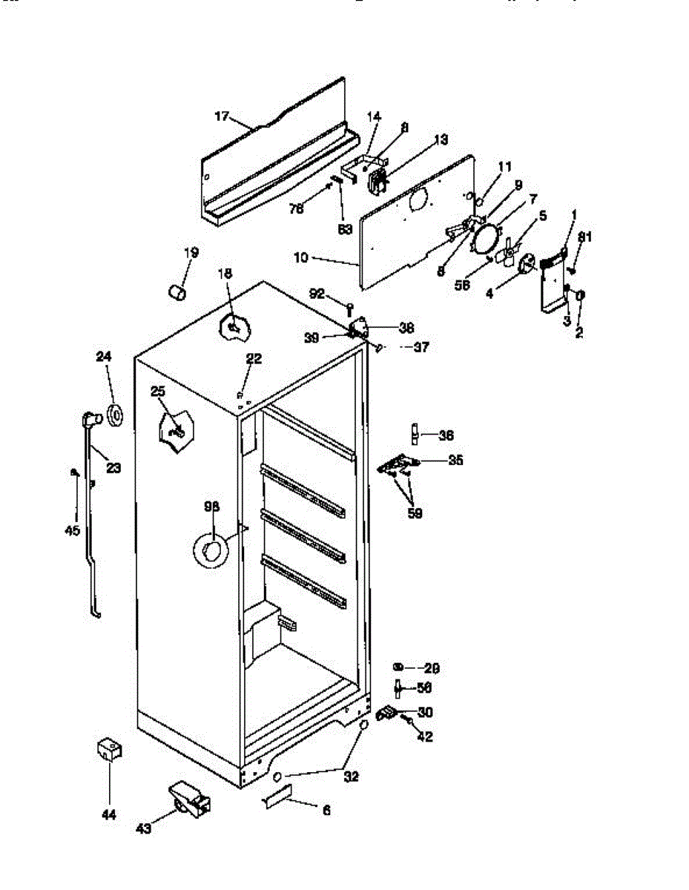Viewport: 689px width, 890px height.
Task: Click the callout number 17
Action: (x=222, y=116)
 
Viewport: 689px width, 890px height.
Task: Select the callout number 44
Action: (x=109, y=815)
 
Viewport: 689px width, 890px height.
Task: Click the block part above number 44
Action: (x=109, y=749)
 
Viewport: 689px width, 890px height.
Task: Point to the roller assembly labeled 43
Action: (x=189, y=800)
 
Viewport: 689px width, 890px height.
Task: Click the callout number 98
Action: (x=212, y=507)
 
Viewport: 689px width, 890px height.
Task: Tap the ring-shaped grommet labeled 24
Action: (x=116, y=416)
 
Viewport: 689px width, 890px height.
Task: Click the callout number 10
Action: (x=302, y=259)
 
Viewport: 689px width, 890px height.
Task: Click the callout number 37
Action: (x=421, y=346)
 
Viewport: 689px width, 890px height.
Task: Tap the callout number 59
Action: (x=415, y=513)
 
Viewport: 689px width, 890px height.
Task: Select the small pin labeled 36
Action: (x=416, y=432)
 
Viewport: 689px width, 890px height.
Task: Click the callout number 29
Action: (x=432, y=667)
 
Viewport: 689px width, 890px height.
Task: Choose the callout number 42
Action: (x=426, y=737)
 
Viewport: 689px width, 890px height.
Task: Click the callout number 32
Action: (x=351, y=777)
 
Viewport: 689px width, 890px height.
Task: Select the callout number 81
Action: (x=585, y=237)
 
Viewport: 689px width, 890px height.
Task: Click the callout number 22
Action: (x=254, y=359)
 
